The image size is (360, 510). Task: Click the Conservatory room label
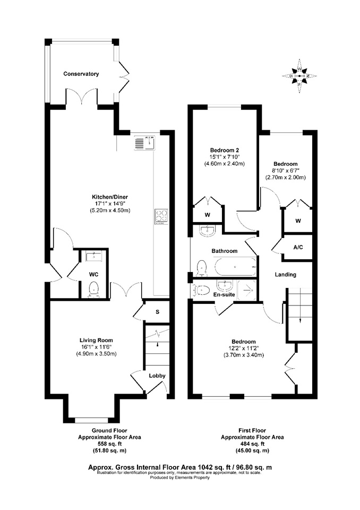click(81, 74)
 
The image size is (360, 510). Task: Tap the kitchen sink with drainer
click(145, 143)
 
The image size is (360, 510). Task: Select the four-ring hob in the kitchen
click(161, 216)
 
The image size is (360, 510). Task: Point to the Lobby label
click(157, 376)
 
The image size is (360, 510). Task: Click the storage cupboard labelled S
click(157, 312)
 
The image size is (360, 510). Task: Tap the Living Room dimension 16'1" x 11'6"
click(96, 347)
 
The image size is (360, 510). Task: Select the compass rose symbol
click(299, 76)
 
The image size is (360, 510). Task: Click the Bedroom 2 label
click(225, 150)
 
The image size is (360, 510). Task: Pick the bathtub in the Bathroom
click(235, 267)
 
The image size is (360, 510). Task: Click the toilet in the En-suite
click(200, 290)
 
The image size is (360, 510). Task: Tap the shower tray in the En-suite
click(247, 290)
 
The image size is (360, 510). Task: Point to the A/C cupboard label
click(298, 248)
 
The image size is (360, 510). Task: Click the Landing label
click(286, 275)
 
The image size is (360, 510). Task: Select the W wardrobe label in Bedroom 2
click(208, 215)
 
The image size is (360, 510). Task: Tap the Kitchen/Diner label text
click(110, 197)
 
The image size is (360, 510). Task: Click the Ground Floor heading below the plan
click(109, 430)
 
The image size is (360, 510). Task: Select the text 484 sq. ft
click(252, 444)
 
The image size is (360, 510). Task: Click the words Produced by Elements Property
click(180, 478)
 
